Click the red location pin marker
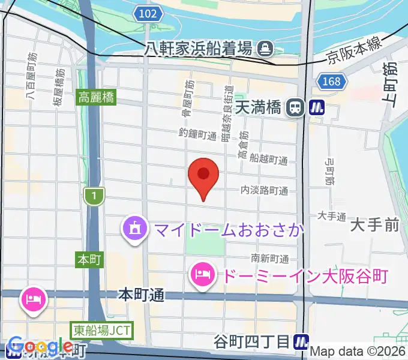click(203, 175)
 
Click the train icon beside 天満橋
click(294, 108)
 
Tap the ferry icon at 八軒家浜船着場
click(264, 47)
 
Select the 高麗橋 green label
click(95, 97)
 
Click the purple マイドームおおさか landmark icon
click(134, 229)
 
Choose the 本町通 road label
click(141, 295)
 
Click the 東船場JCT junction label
click(101, 329)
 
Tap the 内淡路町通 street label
click(264, 191)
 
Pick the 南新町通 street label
click(270, 259)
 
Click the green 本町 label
click(90, 259)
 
